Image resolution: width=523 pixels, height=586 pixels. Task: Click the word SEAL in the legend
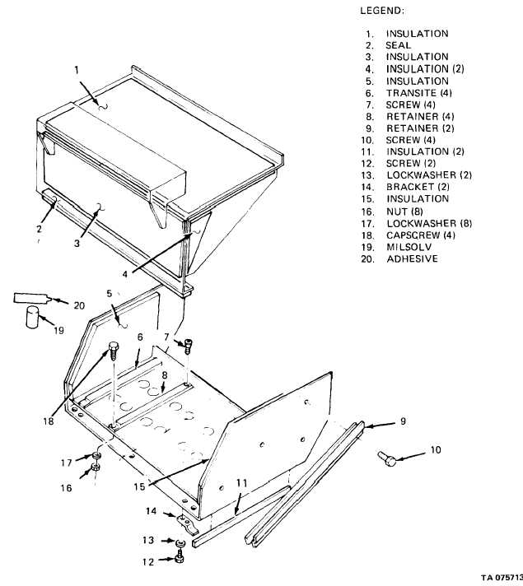398,45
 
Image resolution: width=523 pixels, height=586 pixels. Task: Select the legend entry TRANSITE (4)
419,93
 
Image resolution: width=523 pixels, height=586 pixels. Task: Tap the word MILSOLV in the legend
409,247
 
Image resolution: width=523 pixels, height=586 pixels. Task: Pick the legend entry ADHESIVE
412,258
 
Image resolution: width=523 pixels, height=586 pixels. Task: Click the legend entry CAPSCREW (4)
421,235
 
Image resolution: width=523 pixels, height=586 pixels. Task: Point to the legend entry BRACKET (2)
418,187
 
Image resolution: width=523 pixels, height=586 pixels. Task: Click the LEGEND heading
382,11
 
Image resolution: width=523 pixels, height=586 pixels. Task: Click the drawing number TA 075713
502,578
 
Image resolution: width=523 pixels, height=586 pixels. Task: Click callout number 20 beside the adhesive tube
79,305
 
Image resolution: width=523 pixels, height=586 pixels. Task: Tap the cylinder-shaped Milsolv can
33,317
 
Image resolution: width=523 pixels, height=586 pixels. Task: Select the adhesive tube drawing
31,297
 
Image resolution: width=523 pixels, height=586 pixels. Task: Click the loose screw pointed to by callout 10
387,458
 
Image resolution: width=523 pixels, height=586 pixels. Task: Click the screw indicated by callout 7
189,346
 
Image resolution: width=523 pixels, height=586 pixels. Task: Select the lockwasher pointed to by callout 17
96,456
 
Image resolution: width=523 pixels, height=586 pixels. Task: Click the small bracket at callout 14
187,524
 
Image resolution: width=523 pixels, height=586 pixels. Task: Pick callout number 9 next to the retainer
403,421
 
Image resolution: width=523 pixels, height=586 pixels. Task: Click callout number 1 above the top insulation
77,70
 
